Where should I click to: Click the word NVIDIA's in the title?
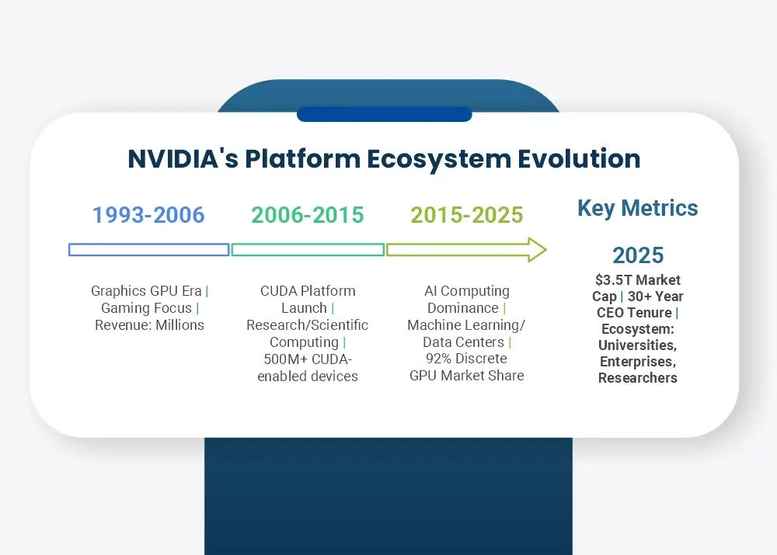point(183,159)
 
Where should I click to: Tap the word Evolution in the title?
point(579,159)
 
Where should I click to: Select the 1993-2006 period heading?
point(148,215)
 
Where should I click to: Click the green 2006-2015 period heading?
point(308,215)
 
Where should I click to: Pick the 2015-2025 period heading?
point(467,215)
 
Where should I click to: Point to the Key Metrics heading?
point(638,209)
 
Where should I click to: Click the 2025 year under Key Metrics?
point(638,255)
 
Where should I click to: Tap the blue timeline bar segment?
point(148,250)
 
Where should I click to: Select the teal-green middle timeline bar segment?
point(308,250)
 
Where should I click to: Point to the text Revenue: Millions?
point(150,325)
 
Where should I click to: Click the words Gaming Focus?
point(146,308)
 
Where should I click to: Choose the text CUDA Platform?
point(308,290)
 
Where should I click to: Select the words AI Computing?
point(467,290)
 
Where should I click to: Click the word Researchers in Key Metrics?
point(638,378)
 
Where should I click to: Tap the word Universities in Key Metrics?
point(638,345)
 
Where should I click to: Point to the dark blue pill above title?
point(384,114)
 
